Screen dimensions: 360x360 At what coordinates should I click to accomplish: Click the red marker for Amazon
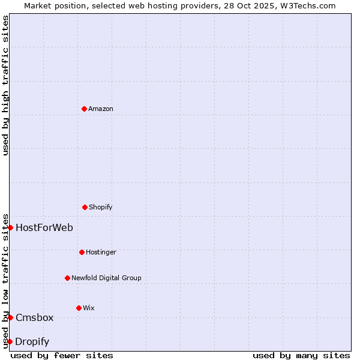click(x=84, y=109)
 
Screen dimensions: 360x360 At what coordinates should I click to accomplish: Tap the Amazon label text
click(x=101, y=109)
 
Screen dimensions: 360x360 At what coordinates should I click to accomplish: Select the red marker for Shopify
click(x=85, y=207)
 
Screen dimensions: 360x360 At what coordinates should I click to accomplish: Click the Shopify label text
click(x=101, y=208)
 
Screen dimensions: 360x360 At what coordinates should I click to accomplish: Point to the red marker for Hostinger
click(x=82, y=252)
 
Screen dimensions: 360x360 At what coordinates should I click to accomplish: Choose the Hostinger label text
click(x=101, y=253)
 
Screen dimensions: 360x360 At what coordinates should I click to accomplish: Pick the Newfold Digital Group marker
click(x=67, y=278)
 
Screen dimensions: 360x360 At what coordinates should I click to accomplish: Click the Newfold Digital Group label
click(x=106, y=278)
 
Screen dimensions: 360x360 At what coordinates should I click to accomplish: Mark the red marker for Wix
click(x=79, y=308)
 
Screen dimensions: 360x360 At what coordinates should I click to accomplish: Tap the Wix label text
click(x=89, y=308)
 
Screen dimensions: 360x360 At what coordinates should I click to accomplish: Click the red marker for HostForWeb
click(x=10, y=227)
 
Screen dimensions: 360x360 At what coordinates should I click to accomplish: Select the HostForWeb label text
click(x=44, y=228)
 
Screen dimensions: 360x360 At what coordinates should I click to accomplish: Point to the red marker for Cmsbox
click(x=10, y=317)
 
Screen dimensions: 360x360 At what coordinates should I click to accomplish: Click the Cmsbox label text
click(x=35, y=318)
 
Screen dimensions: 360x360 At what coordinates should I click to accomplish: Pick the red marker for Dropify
click(x=10, y=341)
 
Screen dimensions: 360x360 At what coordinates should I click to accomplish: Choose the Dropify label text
click(x=32, y=342)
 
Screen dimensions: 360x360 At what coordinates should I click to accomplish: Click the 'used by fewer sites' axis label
click(x=62, y=355)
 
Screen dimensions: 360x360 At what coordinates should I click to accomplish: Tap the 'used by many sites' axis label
click(x=301, y=355)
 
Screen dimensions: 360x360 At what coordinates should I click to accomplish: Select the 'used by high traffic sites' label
click(x=5, y=85)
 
